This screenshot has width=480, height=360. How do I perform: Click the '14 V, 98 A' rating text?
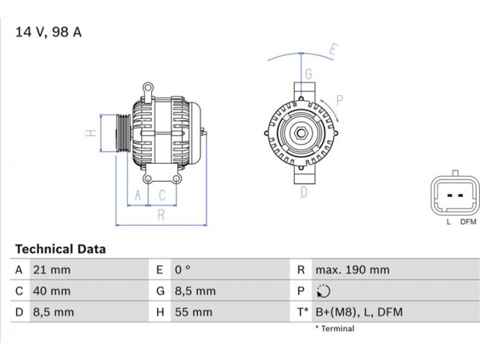49,32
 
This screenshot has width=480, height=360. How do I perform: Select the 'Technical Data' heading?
61,249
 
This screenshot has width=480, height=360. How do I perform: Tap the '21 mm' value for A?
52,270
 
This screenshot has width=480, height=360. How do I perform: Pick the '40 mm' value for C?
52,291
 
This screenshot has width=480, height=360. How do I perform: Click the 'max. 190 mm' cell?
353,270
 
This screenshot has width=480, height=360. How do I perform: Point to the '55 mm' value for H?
194,312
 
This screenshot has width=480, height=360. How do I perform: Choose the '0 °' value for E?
183,270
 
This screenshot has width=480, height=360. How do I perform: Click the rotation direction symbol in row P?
323,291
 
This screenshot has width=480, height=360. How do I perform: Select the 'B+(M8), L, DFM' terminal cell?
359,312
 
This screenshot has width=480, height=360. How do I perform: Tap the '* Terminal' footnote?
335,329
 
